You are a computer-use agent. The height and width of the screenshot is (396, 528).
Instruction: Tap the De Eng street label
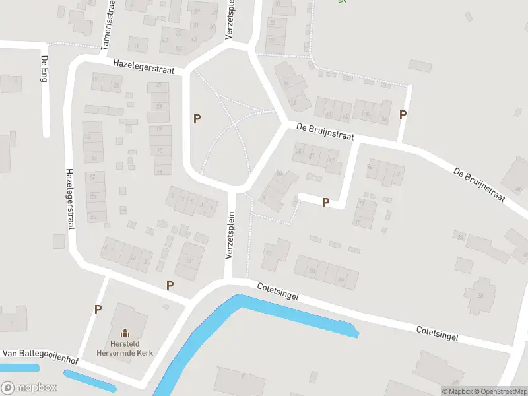tap(44, 69)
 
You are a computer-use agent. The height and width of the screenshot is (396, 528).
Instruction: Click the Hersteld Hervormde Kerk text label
tap(125, 348)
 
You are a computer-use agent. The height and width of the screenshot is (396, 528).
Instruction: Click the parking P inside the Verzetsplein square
tap(197, 118)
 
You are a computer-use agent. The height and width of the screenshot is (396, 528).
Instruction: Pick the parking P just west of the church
tap(98, 309)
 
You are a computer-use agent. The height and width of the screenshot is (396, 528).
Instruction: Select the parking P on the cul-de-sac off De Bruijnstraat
tap(325, 203)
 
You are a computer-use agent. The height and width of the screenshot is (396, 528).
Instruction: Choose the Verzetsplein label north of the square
tap(230, 20)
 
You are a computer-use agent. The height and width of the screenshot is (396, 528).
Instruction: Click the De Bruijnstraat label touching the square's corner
tap(325, 131)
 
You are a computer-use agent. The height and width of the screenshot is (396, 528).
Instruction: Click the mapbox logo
tap(28, 388)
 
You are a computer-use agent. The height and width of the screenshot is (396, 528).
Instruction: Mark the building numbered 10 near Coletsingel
tap(268, 251)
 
